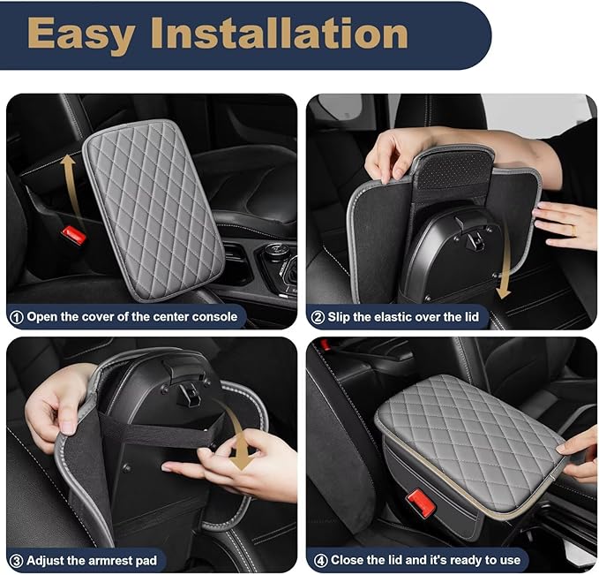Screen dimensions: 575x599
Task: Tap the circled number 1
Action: (17, 316)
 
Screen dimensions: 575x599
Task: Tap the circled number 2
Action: (317, 316)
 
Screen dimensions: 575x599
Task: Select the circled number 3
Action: (17, 560)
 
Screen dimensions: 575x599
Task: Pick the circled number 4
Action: (317, 560)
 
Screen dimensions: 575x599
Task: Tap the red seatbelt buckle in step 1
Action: (73, 236)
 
